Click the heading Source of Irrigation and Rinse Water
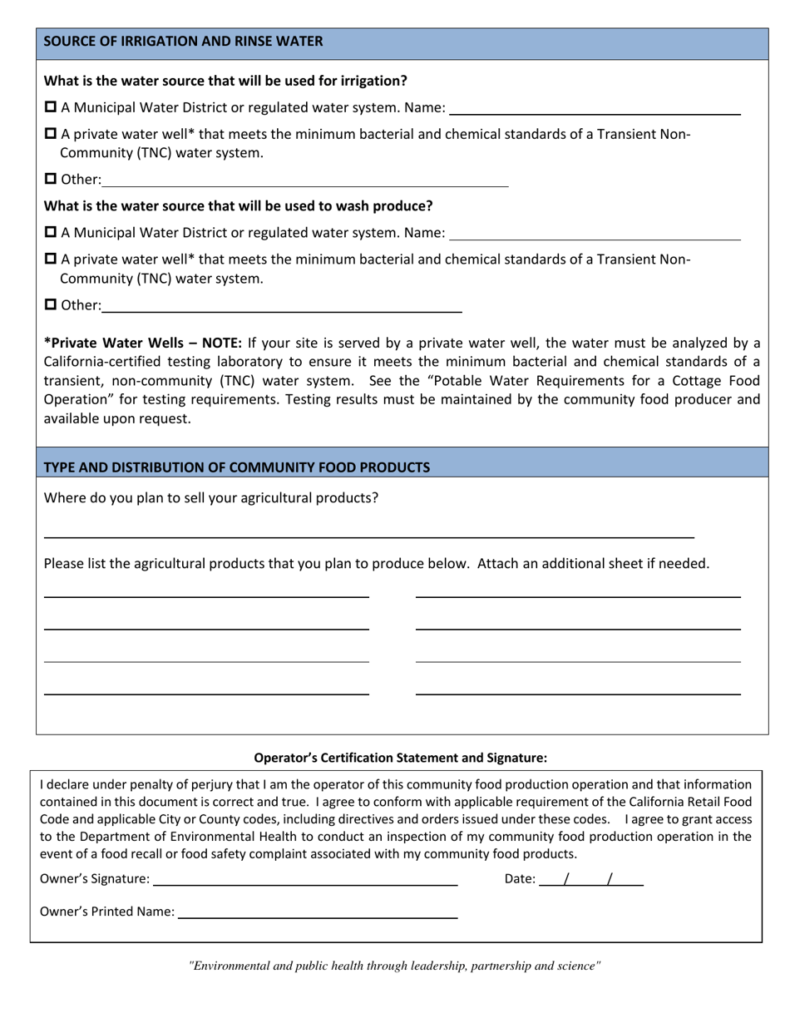[x=183, y=42]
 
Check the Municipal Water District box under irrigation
[x=51, y=107]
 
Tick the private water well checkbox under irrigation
[x=51, y=134]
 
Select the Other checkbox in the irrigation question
[x=51, y=179]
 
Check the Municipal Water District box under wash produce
[x=51, y=232]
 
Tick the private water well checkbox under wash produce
[x=51, y=259]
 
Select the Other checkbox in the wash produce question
[x=51, y=304]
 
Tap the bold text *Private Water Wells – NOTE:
[x=142, y=343]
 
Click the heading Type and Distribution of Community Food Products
[x=236, y=467]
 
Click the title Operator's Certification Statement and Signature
[x=400, y=758]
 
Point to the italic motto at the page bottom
[x=395, y=966]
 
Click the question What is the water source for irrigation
[x=225, y=81]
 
